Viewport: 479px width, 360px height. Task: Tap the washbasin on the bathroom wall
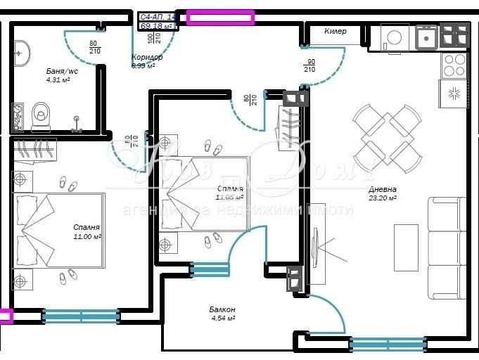coord(21,51)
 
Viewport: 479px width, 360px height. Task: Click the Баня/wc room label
coord(62,71)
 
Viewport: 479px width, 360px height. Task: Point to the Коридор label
coord(147,58)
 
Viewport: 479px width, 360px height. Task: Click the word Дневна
coord(383,190)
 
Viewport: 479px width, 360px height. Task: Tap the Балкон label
coord(222,309)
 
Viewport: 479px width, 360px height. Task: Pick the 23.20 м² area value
coord(383,198)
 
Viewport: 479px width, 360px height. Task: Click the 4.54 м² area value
coord(222,318)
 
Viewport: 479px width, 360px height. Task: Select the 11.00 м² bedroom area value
coord(87,237)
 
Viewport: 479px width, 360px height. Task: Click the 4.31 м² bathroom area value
coord(57,79)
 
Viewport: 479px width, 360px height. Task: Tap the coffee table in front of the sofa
coord(405,247)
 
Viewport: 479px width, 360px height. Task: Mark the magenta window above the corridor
coord(219,18)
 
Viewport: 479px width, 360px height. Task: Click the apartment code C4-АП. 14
coord(158,16)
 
